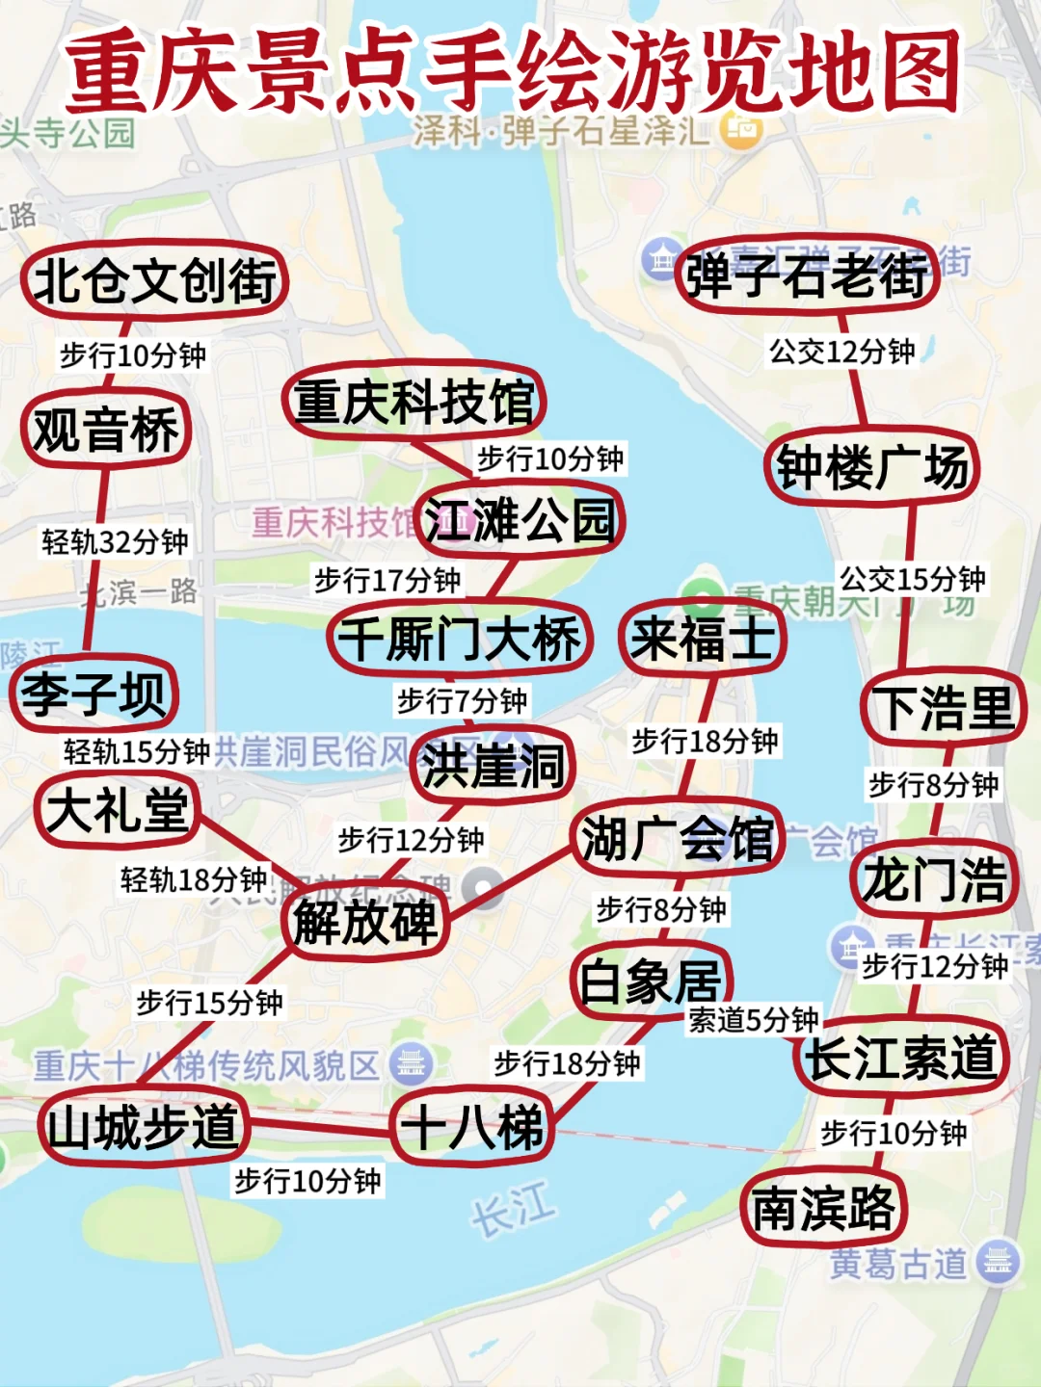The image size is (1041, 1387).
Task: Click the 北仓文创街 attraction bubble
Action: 154,280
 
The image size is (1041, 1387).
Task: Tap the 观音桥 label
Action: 106,430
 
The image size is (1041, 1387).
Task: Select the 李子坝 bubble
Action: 93,693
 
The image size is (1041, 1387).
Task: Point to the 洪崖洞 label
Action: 493,766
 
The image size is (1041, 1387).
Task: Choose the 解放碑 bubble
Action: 365,922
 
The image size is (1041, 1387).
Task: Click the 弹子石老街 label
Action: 807,275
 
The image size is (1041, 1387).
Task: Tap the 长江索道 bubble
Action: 902,1057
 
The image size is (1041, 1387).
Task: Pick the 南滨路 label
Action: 823,1208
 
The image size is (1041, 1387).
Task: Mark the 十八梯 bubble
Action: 472,1126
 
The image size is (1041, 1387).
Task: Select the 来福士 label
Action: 703,638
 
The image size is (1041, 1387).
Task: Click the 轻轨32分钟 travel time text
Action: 115,541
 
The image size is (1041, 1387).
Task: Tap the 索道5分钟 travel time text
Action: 753,1019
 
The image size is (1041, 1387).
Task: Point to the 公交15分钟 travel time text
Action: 912,579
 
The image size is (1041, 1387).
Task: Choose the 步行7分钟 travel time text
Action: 463,700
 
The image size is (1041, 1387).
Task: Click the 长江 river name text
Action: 513,1210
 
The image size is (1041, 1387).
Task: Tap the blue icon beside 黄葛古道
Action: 997,1261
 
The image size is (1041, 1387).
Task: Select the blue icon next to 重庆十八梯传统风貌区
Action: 412,1064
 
